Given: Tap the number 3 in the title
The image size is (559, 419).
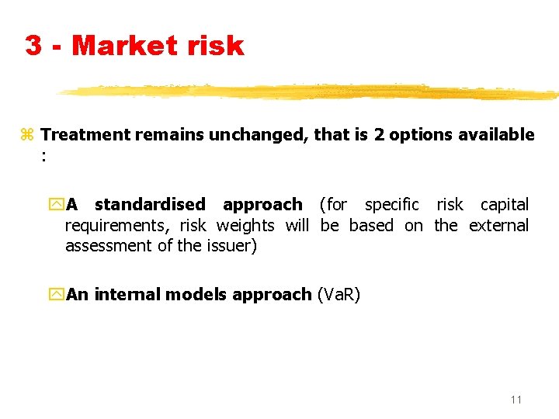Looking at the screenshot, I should [33, 46].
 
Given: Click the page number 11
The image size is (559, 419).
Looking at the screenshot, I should [516, 400].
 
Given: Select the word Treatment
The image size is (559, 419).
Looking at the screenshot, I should [85, 135].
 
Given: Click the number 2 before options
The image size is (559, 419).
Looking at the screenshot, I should [379, 135].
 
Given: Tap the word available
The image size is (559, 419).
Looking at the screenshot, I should [496, 135].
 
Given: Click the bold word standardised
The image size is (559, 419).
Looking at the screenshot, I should [150, 205].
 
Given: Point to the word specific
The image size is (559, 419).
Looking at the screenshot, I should [392, 205].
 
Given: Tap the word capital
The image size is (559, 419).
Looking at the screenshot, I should [505, 205].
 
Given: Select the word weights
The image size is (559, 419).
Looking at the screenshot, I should [245, 226].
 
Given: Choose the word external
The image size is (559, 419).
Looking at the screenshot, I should [498, 226].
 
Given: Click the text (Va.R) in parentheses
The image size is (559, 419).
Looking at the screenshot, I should [339, 295].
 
